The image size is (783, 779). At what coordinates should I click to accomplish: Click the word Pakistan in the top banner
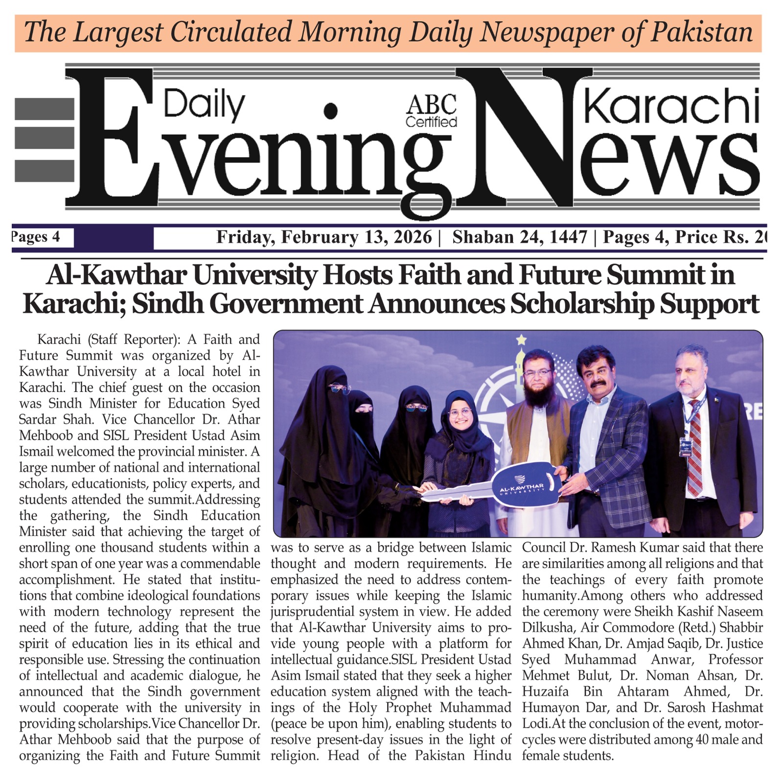[701, 32]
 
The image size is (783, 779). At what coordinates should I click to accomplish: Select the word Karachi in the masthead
[671, 106]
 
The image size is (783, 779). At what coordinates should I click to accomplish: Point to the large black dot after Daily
[331, 111]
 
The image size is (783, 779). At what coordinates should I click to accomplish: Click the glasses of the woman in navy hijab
[460, 412]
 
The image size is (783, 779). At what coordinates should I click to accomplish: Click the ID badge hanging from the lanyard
[685, 447]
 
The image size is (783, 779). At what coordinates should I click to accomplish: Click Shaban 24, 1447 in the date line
[519, 237]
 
